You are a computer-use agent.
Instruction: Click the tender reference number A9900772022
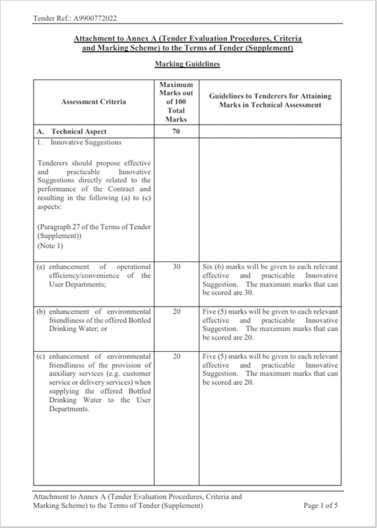point(95,19)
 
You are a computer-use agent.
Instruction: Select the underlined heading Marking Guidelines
point(187,64)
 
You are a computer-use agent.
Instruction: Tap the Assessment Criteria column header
point(94,102)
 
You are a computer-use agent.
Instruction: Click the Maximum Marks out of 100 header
point(176,102)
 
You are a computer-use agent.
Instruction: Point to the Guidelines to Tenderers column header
point(270,101)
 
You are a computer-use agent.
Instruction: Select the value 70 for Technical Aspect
point(176,132)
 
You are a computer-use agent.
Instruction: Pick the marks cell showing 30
point(176,267)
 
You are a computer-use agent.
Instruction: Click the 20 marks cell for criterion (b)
point(176,312)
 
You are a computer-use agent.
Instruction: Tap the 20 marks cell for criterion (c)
point(176,357)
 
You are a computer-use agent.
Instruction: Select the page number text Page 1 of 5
point(320,506)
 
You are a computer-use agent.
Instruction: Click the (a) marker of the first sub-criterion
point(41,267)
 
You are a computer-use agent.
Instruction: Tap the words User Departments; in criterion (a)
point(78,285)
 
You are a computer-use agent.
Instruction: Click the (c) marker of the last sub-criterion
point(41,357)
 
